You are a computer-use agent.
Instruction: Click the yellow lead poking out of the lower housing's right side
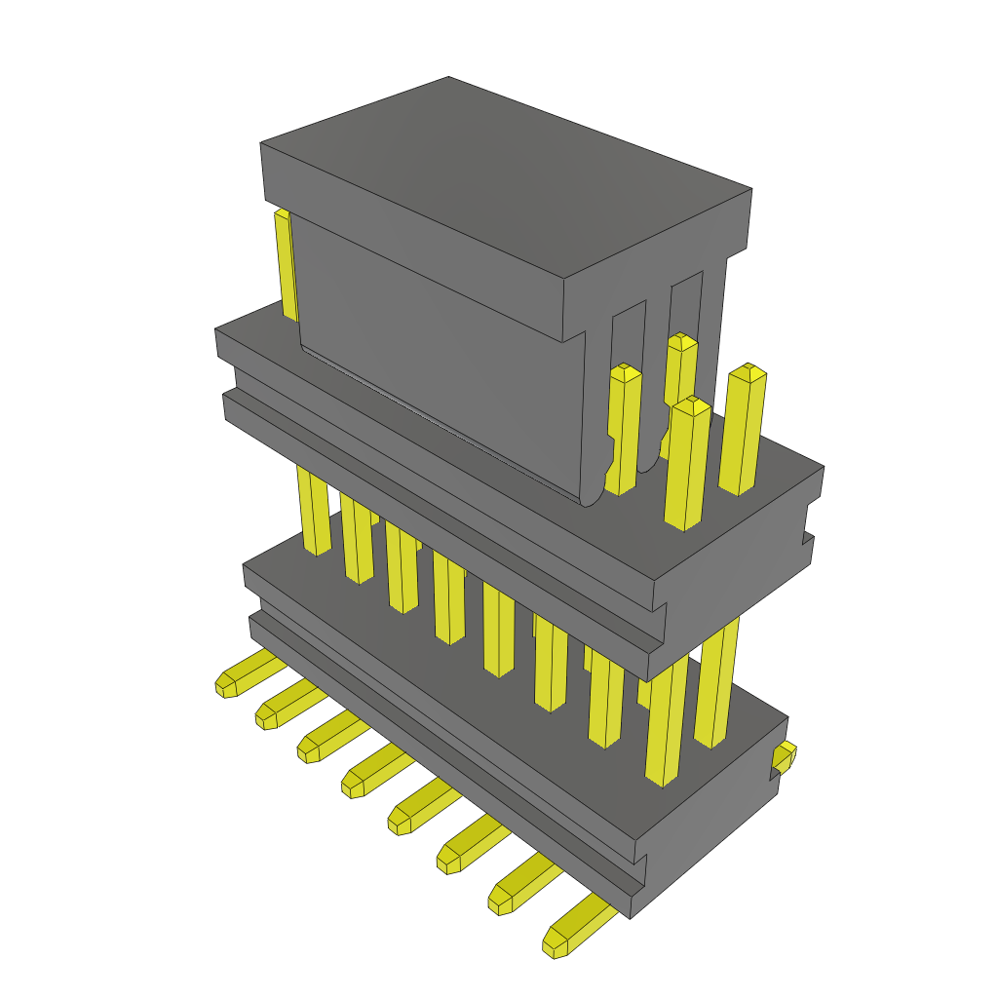pos(784,757)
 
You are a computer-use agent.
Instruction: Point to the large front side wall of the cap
pos(439,361)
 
